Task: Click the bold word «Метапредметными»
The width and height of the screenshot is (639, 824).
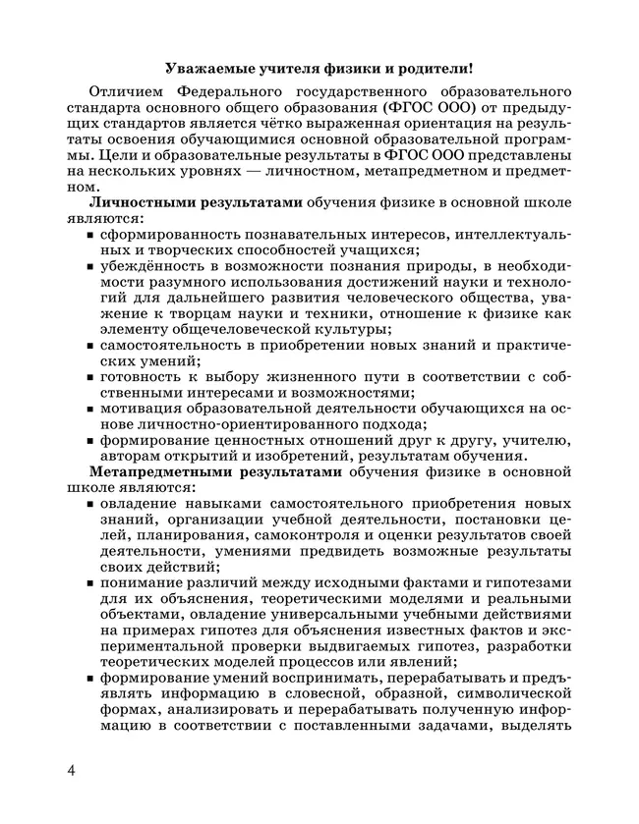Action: point(161,470)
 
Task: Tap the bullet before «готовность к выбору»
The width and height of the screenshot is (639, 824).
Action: point(90,378)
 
